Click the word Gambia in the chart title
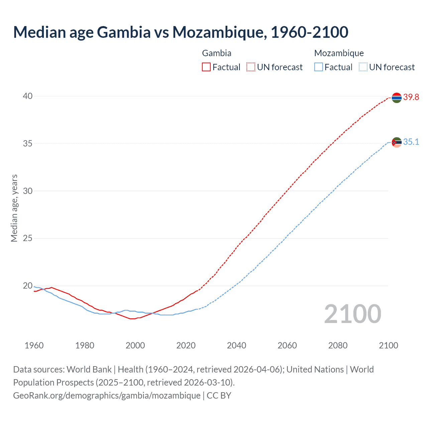click(x=124, y=32)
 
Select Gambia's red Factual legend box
click(x=206, y=67)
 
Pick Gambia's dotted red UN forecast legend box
click(x=251, y=67)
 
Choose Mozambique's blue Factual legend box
click(x=319, y=67)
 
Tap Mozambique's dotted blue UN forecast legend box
click(x=363, y=67)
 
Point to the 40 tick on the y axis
click(x=27, y=96)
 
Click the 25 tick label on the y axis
click(x=27, y=238)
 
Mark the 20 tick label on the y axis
click(x=27, y=286)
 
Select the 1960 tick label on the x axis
click(x=34, y=345)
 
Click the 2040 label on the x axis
click(x=236, y=345)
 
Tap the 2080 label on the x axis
click(x=338, y=345)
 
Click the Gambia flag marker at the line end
click(x=397, y=98)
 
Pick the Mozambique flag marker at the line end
click(x=397, y=142)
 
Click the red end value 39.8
click(x=411, y=97)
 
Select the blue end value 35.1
click(x=411, y=142)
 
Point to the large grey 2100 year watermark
click(x=352, y=314)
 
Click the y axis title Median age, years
click(x=14, y=208)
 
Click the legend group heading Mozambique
click(x=339, y=53)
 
